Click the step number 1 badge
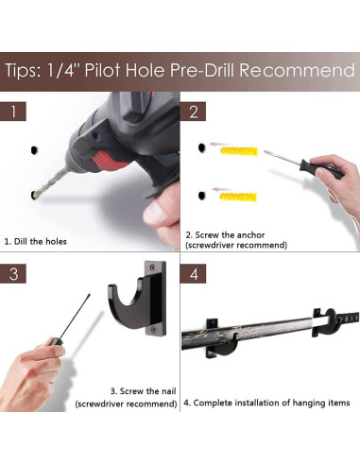pyautogui.click(x=13, y=112)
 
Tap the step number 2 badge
pyautogui.click(x=193, y=112)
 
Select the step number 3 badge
pyautogui.click(x=13, y=273)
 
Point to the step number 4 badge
pyautogui.click(x=194, y=273)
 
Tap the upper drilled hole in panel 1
pyautogui.click(x=34, y=150)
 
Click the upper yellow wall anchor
pyautogui.click(x=239, y=151)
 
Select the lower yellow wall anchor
pyautogui.click(x=238, y=197)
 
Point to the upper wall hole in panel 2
pyautogui.click(x=201, y=147)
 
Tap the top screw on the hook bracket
pyautogui.click(x=153, y=267)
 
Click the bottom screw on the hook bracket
pyautogui.click(x=153, y=329)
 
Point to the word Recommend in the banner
pyautogui.click(x=297, y=70)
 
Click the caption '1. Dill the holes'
pyautogui.click(x=36, y=242)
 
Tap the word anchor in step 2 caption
pyautogui.click(x=250, y=235)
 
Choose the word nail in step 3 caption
pyautogui.click(x=169, y=391)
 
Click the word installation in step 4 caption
pyautogui.click(x=262, y=403)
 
